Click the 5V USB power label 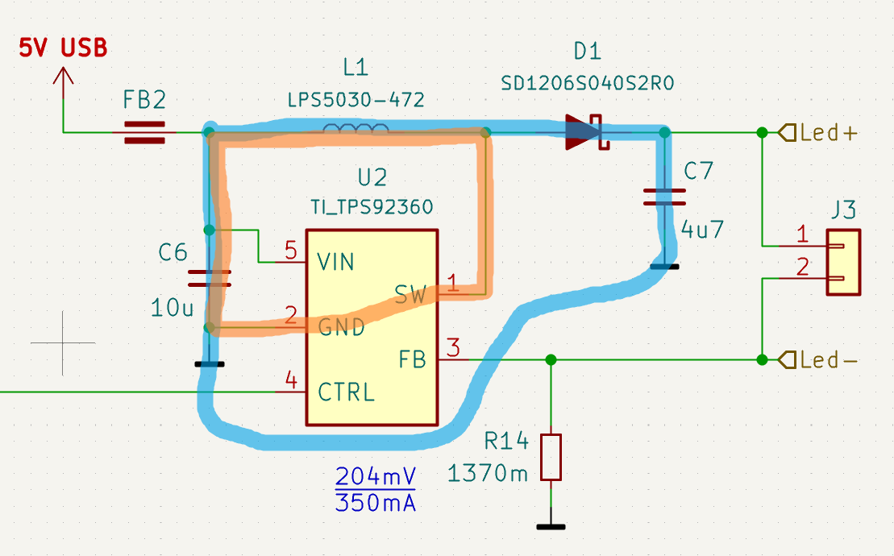[x=63, y=48]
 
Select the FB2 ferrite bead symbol [x=144, y=132]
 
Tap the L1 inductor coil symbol [x=356, y=129]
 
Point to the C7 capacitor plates [x=664, y=197]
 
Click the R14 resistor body [x=551, y=457]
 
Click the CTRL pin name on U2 [x=346, y=392]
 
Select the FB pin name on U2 [x=412, y=359]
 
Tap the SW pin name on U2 [x=410, y=294]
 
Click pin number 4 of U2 [x=291, y=380]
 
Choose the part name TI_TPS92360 [x=372, y=207]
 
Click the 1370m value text [x=489, y=473]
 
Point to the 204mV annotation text [x=375, y=475]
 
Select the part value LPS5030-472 [x=356, y=100]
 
